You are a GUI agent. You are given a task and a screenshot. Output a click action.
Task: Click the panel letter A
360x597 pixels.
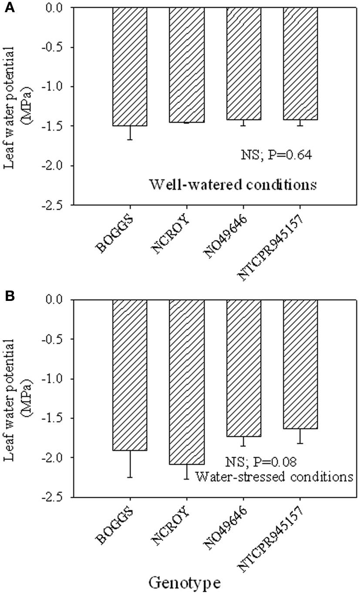click(8, 8)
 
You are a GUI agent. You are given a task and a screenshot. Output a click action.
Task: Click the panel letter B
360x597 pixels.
click(8, 297)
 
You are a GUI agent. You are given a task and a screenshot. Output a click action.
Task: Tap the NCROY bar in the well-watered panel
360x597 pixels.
click(186, 65)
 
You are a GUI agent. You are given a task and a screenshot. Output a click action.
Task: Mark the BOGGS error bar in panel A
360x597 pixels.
click(130, 132)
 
